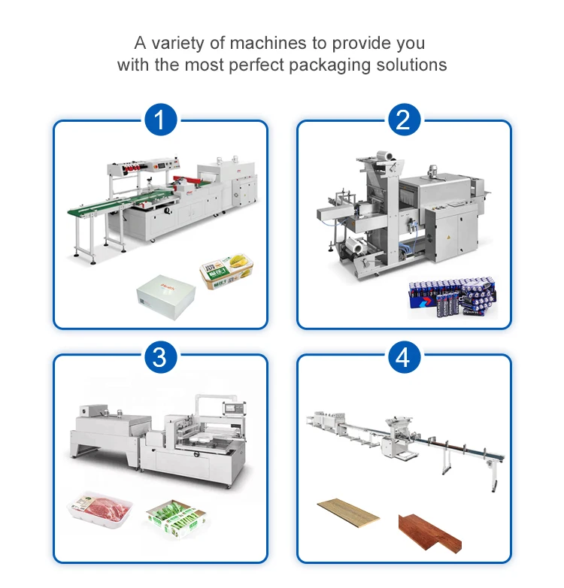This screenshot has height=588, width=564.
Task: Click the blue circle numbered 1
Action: [x=159, y=121]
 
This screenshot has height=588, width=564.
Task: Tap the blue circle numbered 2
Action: [x=403, y=121]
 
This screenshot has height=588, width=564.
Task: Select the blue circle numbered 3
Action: [x=159, y=356]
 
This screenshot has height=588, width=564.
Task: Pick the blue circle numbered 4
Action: [x=403, y=356]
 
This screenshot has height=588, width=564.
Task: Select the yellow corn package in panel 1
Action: [x=226, y=273]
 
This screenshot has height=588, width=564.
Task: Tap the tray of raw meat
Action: [x=102, y=511]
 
